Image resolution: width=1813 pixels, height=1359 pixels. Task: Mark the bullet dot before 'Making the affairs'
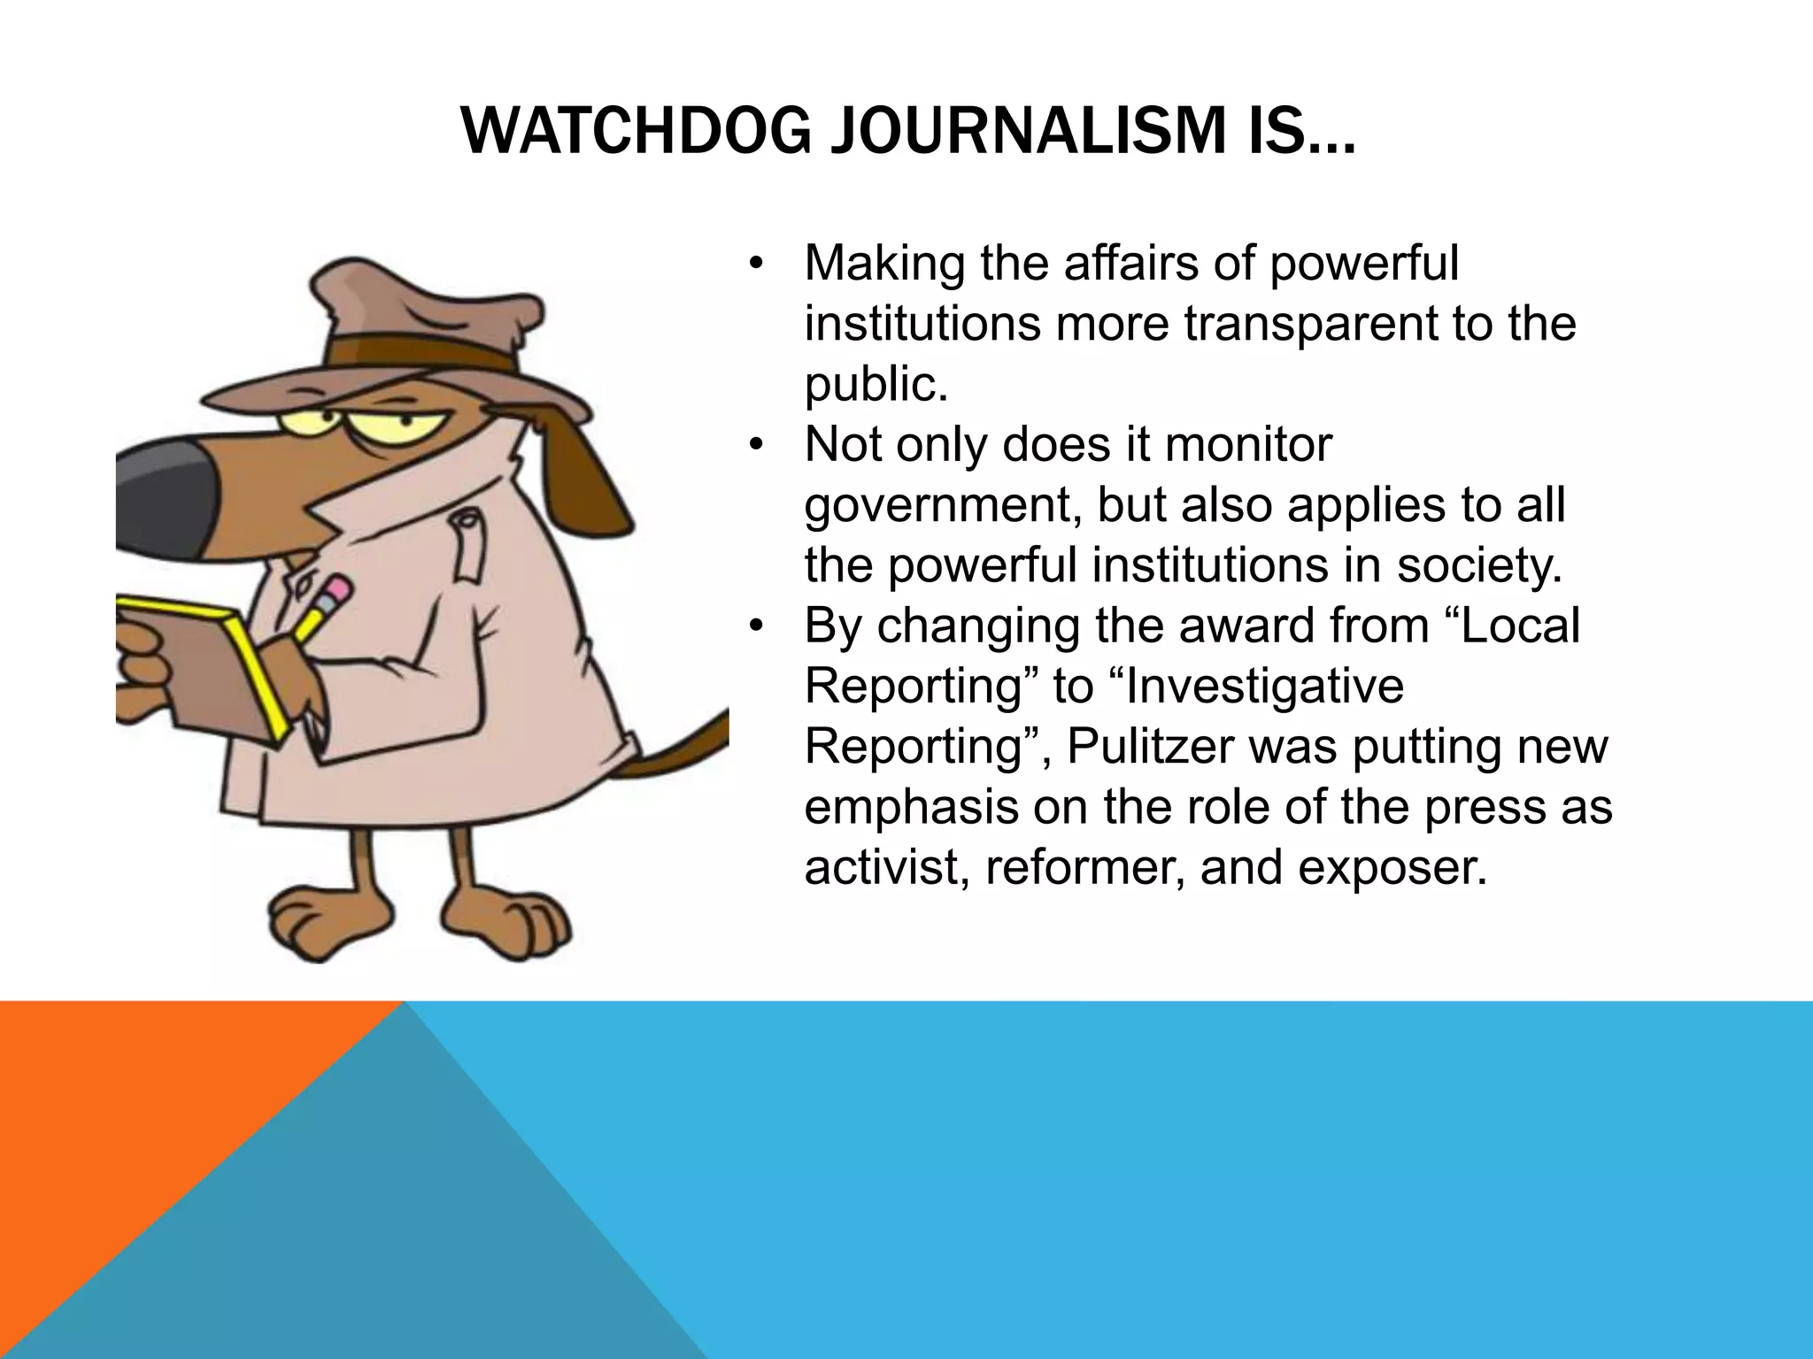754,265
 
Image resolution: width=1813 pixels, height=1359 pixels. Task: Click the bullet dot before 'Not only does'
754,446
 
